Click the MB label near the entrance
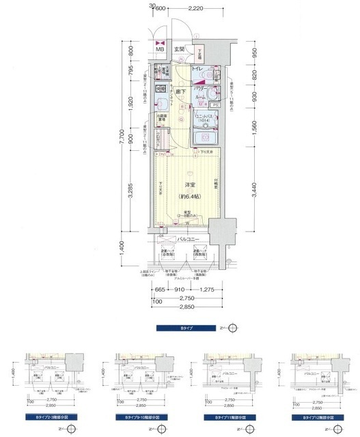pos(159,49)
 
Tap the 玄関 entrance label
pos(179,49)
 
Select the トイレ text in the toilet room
pos(195,70)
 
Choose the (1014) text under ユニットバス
pos(204,121)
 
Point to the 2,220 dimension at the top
pos(195,9)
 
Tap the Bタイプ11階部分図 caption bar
pos(225,416)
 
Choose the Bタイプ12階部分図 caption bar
pos(311,416)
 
